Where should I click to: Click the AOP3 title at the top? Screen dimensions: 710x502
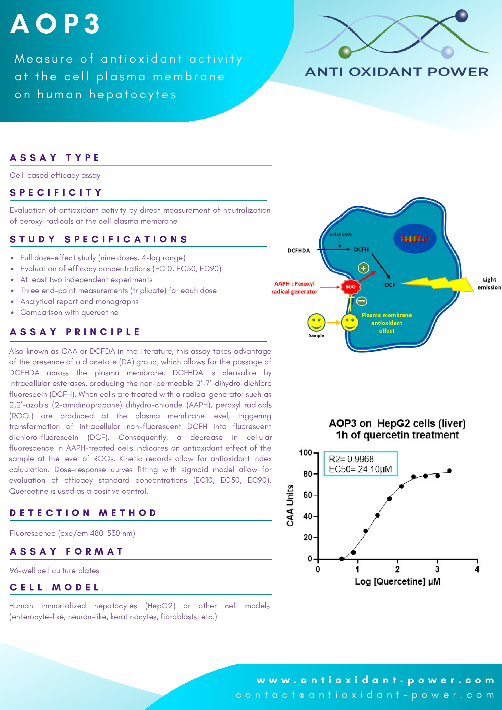tap(55, 24)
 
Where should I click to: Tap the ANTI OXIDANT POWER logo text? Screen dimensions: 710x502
tap(396, 72)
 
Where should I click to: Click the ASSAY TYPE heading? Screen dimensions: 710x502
tap(55, 158)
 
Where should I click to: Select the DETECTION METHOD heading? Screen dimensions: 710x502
tap(83, 513)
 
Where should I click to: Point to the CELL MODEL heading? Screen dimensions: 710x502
tap(55, 587)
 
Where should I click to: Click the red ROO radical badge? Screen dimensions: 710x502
tap(350, 287)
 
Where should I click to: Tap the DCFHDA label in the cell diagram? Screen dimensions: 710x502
tap(298, 251)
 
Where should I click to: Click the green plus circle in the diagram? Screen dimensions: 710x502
tap(363, 268)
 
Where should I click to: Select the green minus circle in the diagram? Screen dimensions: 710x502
tap(361, 301)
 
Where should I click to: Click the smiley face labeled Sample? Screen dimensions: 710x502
tap(316, 322)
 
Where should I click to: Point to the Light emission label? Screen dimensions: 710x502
tap(489, 283)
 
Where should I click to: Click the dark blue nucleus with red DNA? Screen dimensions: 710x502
tap(415, 238)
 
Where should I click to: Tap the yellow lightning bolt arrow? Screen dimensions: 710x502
tap(439, 283)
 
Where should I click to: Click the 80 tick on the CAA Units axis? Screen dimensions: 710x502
tap(308, 474)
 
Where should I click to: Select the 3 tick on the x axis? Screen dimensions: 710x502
tap(437, 569)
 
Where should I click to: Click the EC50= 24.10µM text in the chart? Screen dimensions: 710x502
tap(360, 469)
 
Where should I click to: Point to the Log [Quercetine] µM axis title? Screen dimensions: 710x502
tap(398, 581)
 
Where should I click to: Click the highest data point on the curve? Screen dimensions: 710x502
tap(449, 471)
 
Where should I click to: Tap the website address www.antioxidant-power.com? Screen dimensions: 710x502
tap(375, 680)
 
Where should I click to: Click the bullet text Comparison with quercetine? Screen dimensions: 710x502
tap(69, 312)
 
